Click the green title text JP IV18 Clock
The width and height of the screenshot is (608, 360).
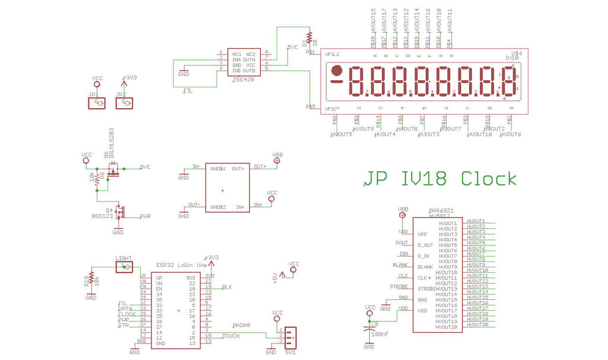click(x=440, y=178)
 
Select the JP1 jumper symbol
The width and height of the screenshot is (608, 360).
click(x=97, y=103)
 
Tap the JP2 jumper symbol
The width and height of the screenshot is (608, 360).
click(x=124, y=103)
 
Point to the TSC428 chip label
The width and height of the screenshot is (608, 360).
click(x=244, y=79)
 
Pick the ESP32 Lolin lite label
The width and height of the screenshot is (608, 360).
click(x=182, y=264)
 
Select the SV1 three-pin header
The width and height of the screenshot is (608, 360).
click(x=289, y=337)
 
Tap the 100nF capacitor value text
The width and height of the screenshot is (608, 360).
click(x=379, y=334)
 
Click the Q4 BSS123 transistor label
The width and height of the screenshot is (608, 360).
click(x=102, y=213)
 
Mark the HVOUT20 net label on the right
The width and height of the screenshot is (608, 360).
click(x=477, y=325)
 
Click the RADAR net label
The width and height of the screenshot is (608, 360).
click(x=242, y=326)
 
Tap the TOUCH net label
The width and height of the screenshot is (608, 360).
click(x=231, y=336)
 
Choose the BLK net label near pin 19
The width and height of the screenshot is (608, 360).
click(x=227, y=287)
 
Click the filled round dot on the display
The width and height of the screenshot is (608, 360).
click(x=337, y=70)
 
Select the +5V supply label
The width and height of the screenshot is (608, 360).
click(x=275, y=278)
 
